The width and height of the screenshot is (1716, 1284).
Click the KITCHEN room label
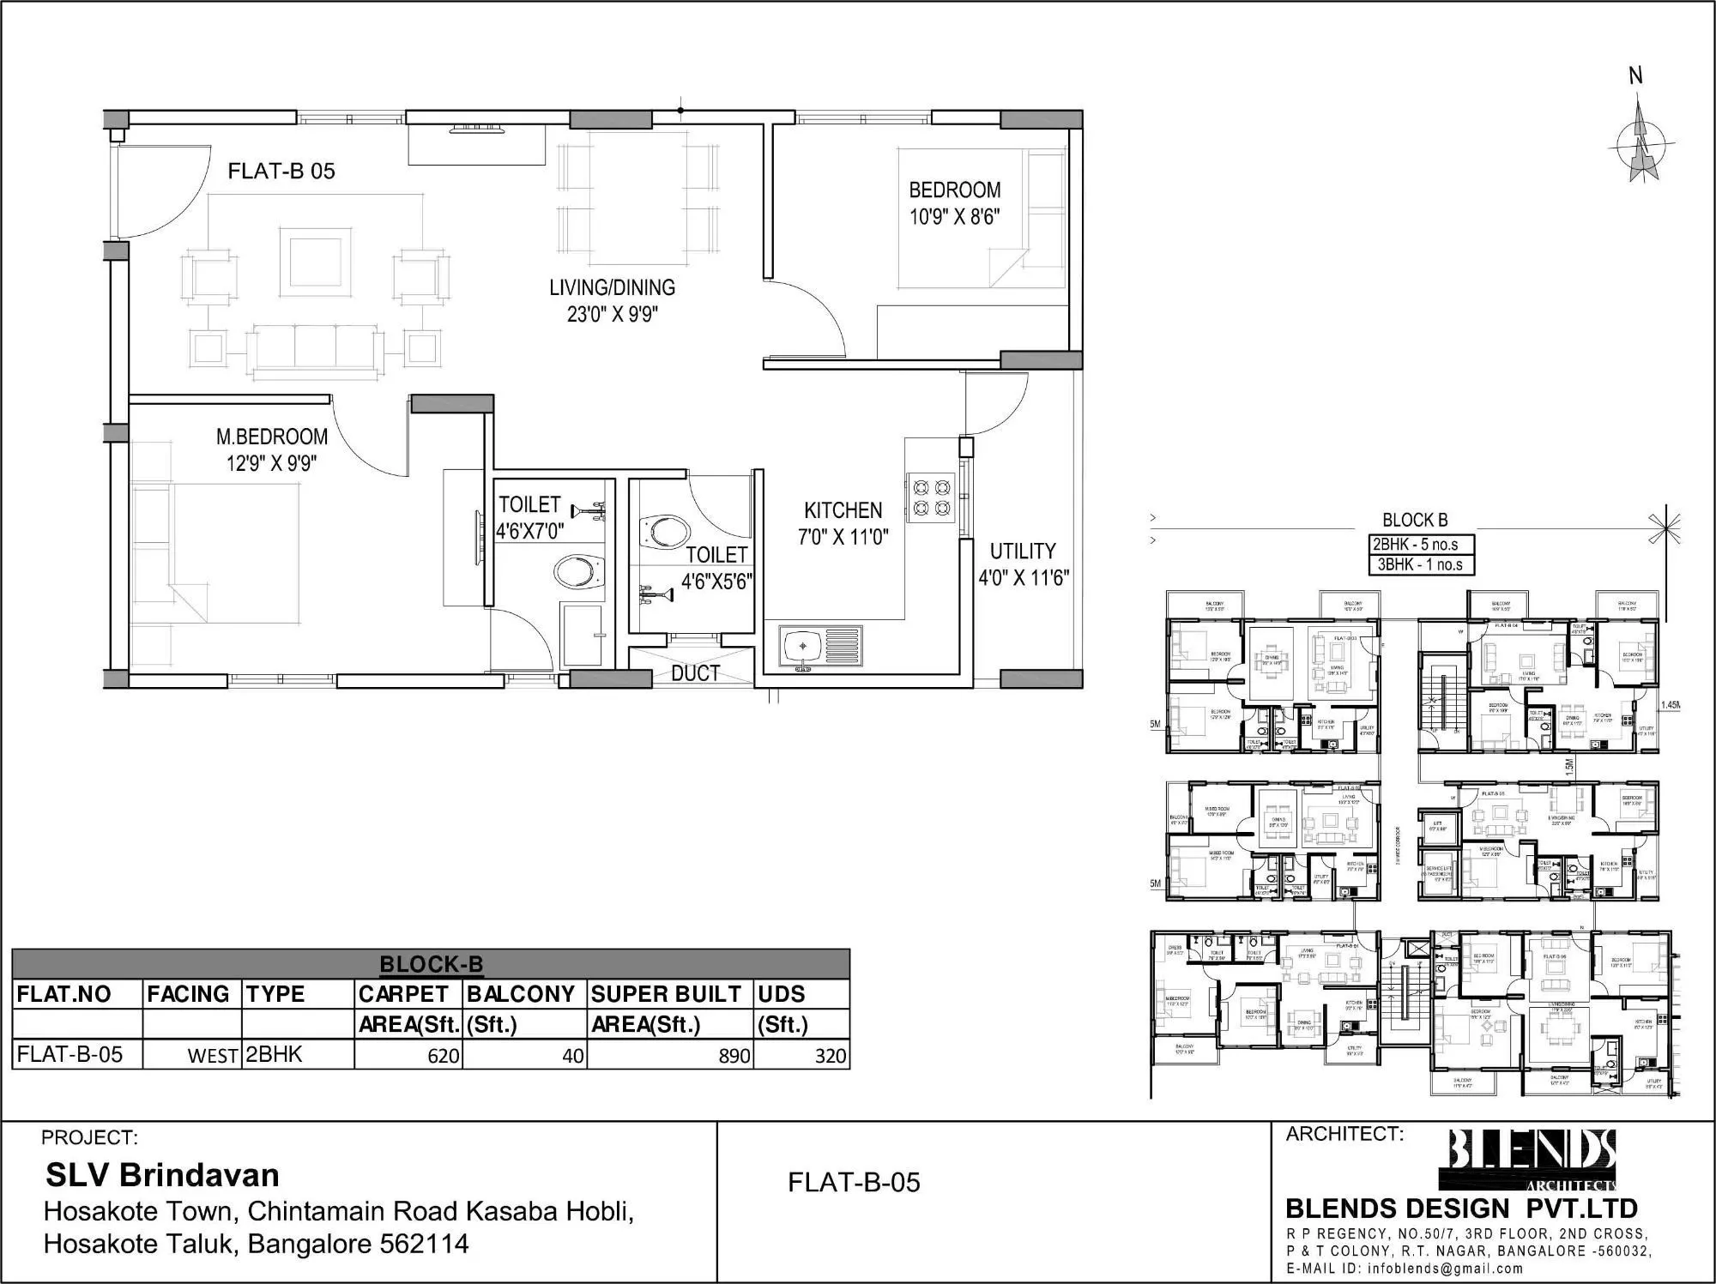click(843, 510)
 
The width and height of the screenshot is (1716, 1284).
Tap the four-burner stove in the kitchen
click(932, 498)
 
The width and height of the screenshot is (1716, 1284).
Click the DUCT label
click(695, 674)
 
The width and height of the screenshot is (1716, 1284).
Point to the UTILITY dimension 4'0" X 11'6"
click(1024, 578)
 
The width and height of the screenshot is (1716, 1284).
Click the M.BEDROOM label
click(271, 437)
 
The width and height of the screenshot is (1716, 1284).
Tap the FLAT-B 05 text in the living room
click(281, 172)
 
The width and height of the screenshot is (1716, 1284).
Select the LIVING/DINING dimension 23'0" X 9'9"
click(612, 315)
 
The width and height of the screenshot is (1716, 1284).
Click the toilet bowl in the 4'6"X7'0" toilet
click(580, 570)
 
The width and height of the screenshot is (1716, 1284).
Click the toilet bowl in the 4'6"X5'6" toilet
click(663, 531)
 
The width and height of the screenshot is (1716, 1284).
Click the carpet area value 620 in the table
click(443, 1056)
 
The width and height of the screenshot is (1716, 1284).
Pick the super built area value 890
click(734, 1056)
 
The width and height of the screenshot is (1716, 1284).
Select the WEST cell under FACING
click(212, 1057)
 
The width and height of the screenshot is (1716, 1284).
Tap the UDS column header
click(781, 994)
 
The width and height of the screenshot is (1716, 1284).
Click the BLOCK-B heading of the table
click(431, 964)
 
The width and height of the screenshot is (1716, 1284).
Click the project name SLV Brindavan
click(162, 1175)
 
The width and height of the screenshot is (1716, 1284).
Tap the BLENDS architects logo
click(1532, 1158)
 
